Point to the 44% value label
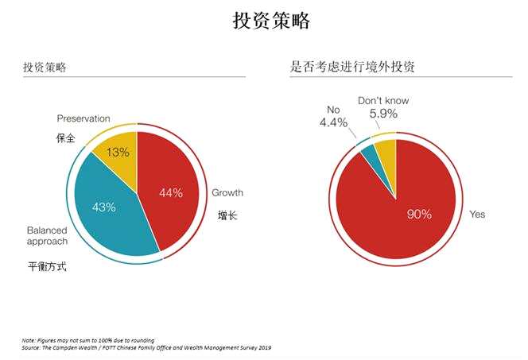pyautogui.click(x=171, y=192)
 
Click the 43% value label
pyautogui.click(x=104, y=207)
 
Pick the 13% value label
pyautogui.click(x=118, y=153)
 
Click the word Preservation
pyautogui.click(x=83, y=118)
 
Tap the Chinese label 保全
pyautogui.click(x=65, y=137)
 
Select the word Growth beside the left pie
pyautogui.click(x=227, y=192)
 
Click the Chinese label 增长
pyautogui.click(x=227, y=215)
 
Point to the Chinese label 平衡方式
pyautogui.click(x=47, y=266)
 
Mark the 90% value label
pyautogui.click(x=419, y=214)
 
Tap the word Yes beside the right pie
pyautogui.click(x=477, y=215)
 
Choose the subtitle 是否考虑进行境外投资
pyautogui.click(x=352, y=67)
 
